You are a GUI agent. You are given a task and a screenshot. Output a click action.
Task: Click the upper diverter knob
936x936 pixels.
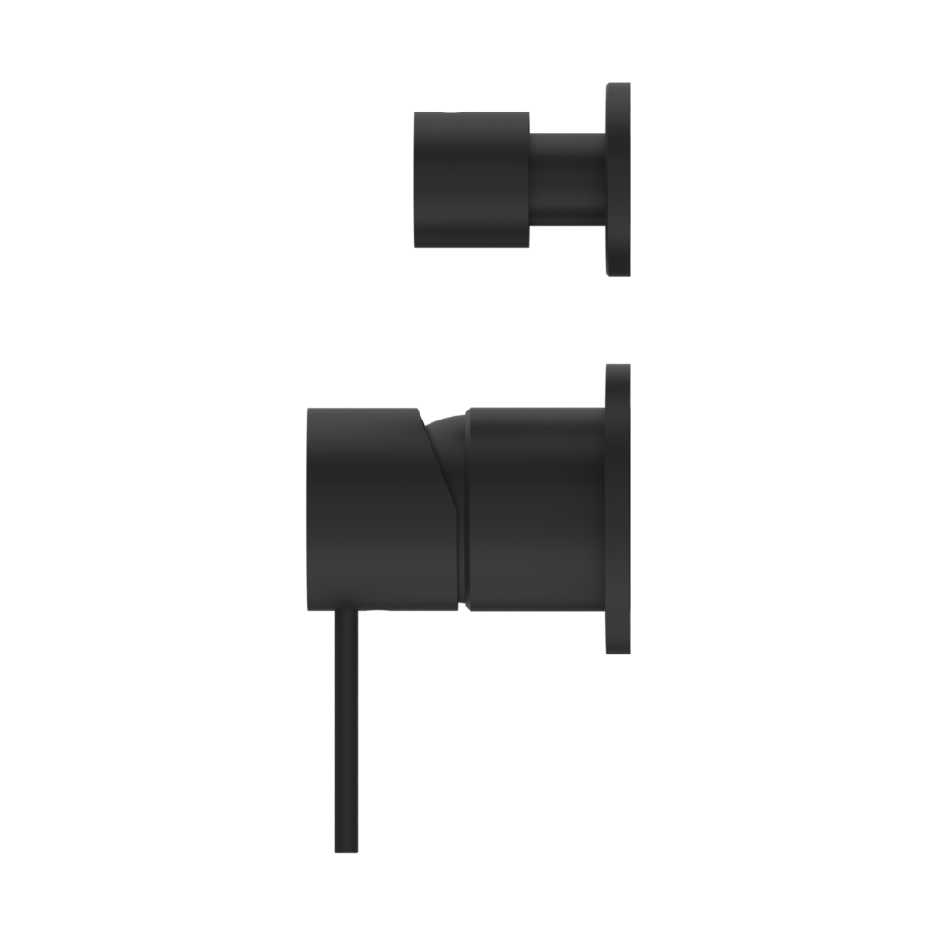point(471,179)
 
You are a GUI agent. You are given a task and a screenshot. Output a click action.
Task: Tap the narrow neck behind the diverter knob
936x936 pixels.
point(567,179)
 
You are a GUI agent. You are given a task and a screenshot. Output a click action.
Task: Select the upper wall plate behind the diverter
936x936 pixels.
point(618,179)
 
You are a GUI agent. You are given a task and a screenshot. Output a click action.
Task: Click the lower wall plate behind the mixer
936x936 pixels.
point(618,508)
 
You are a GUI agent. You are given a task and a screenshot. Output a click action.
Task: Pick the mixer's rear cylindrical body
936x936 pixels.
point(536,508)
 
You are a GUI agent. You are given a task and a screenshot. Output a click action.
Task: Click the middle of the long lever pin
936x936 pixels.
point(346,731)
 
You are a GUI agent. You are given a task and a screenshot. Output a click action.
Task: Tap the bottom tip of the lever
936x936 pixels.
point(346,850)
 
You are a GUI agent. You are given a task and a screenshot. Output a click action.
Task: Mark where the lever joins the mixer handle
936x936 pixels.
point(346,611)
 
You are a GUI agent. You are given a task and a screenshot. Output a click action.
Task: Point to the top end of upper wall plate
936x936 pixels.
point(618,85)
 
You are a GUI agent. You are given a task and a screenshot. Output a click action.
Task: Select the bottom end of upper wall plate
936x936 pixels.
point(618,273)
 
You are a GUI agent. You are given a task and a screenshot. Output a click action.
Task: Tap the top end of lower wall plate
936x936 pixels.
point(618,366)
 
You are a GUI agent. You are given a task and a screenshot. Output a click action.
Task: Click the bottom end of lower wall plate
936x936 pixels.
point(618,652)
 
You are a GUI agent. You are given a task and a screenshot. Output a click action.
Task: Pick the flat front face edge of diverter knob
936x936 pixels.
point(415,179)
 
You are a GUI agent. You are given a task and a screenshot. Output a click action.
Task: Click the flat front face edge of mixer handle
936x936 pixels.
point(308,508)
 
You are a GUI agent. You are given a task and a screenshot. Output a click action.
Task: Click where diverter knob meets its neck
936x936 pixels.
point(530,179)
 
